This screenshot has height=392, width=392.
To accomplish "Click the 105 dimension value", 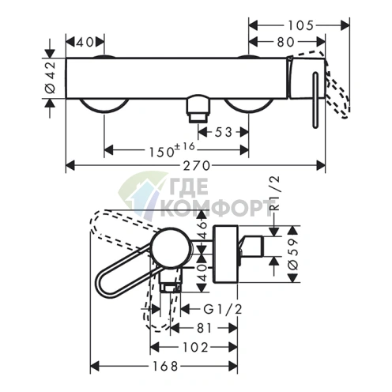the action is point(300,26).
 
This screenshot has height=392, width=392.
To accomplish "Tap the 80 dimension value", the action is point(285,42).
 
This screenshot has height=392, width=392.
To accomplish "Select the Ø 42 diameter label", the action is point(51,77).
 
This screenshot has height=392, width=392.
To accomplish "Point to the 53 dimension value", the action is point(224,132).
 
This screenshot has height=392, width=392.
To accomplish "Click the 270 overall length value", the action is point(197,166).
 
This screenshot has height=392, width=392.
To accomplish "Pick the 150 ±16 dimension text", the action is point(171,150).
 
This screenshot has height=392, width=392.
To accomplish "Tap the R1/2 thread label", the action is point(275,194).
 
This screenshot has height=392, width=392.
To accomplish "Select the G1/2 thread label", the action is point(223,309).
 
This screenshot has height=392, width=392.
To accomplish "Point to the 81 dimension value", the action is point(205,328).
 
